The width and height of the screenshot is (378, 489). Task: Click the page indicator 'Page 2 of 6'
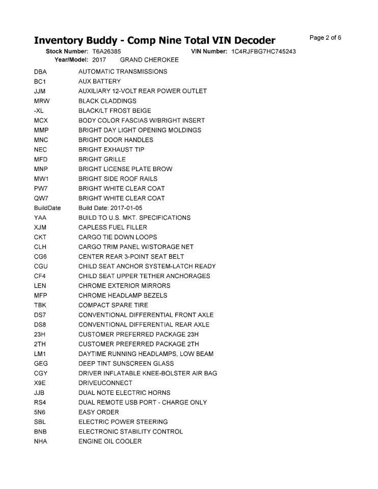click(x=325, y=38)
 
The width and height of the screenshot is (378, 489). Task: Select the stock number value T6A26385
click(x=106, y=52)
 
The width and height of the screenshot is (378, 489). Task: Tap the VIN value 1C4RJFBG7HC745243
click(x=263, y=52)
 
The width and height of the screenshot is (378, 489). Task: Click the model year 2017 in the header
click(x=99, y=60)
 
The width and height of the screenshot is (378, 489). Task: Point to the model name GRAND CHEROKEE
click(x=149, y=60)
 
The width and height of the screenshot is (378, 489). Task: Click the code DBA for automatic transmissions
click(x=40, y=72)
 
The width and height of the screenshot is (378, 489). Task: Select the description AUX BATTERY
click(x=99, y=81)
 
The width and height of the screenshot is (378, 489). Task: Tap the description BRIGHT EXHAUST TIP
click(x=111, y=150)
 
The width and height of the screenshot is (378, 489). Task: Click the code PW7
click(x=40, y=188)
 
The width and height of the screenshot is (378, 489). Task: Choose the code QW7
click(x=40, y=198)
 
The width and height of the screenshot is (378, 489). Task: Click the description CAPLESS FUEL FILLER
click(x=113, y=227)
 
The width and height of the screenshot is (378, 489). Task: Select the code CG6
click(x=40, y=257)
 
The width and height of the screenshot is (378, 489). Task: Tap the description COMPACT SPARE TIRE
click(x=113, y=305)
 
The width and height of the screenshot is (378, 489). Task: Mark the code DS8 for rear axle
click(x=40, y=324)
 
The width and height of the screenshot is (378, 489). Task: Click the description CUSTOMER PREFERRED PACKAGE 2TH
click(x=138, y=344)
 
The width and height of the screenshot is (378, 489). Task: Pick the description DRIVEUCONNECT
click(x=105, y=383)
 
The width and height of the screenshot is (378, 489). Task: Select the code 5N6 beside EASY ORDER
click(x=40, y=412)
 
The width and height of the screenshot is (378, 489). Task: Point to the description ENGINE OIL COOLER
click(x=110, y=441)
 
